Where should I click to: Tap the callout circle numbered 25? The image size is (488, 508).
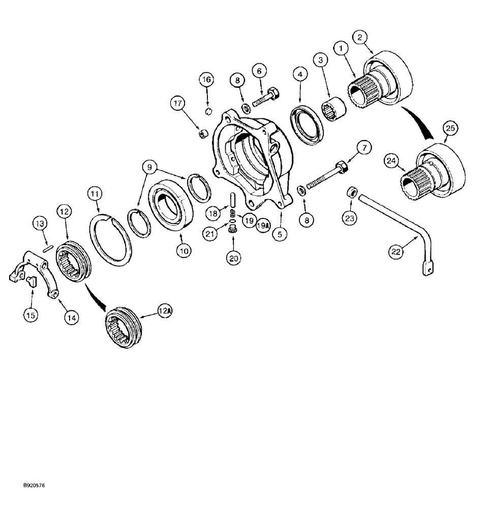click(449, 128)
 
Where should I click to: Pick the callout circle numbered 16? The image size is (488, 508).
click(206, 80)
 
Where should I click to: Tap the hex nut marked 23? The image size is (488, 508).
click(350, 192)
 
